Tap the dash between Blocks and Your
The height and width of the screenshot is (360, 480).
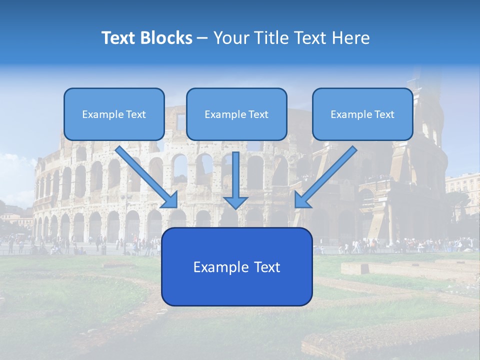coord(202,38)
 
